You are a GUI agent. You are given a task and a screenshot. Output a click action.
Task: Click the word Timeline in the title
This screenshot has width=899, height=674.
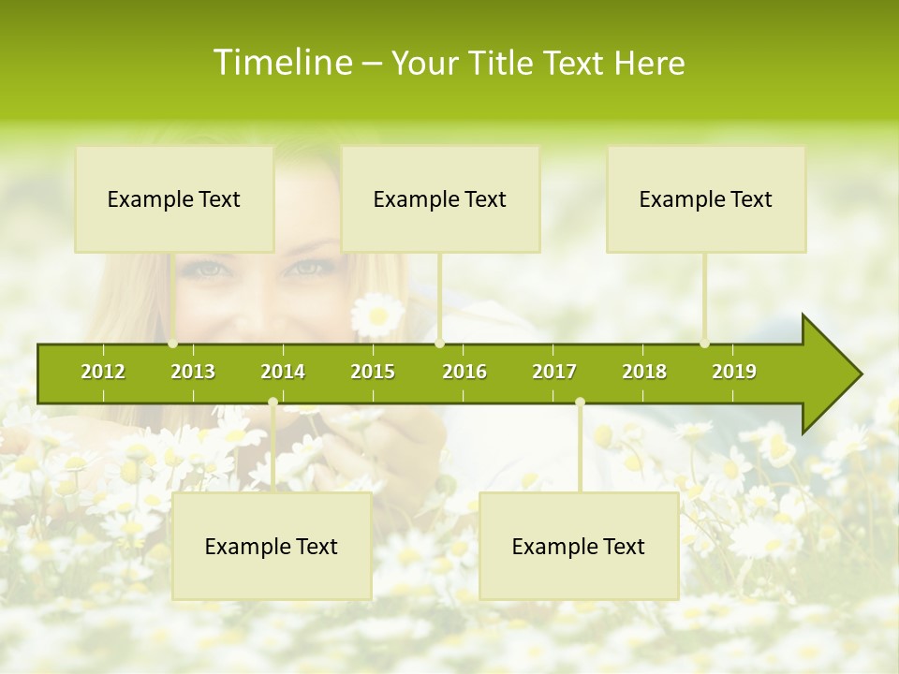(x=281, y=63)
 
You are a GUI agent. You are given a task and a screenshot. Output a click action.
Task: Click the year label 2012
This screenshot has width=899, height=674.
(x=103, y=372)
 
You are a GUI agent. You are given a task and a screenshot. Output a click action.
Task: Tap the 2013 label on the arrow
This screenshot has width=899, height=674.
(x=193, y=372)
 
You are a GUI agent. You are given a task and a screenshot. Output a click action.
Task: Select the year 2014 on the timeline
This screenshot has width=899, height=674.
(x=283, y=372)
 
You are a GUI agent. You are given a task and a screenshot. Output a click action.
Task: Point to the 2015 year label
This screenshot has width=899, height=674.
(x=373, y=372)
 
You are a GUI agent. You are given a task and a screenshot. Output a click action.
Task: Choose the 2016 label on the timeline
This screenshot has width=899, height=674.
(x=464, y=372)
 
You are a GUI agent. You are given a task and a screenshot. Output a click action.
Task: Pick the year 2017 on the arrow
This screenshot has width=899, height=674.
(x=554, y=372)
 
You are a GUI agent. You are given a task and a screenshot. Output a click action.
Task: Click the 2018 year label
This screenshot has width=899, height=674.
(x=644, y=372)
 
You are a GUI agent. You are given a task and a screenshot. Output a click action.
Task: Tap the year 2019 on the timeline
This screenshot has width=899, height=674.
(x=734, y=372)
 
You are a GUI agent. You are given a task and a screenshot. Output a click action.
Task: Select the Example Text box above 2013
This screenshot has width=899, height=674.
(x=174, y=198)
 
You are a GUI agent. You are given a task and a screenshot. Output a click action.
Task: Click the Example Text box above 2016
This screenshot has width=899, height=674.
(x=440, y=198)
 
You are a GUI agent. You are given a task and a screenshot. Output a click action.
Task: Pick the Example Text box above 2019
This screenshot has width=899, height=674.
(x=706, y=198)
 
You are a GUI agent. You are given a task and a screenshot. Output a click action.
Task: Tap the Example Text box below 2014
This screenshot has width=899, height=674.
(x=272, y=546)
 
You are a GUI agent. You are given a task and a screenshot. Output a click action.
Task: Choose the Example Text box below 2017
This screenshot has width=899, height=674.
(x=579, y=546)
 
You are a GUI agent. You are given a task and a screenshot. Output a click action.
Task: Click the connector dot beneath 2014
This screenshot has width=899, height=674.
(x=273, y=403)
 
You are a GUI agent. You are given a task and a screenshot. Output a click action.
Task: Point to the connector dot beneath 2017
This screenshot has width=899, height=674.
(x=580, y=403)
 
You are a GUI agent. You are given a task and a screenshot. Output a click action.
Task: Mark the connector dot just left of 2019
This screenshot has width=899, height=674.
(x=704, y=344)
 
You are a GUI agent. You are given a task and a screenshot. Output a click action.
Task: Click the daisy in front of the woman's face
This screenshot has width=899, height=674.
(x=377, y=315)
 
